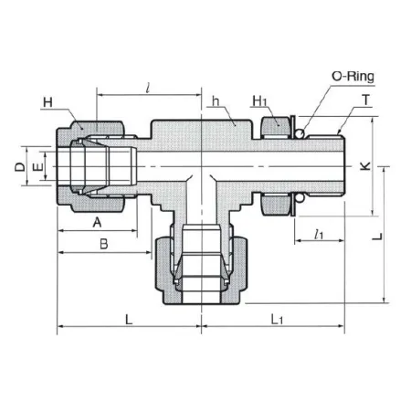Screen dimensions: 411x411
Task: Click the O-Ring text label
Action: pyautogui.click(x=353, y=77)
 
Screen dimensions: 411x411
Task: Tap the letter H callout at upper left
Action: pyautogui.click(x=47, y=102)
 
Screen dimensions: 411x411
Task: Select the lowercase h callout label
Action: pyautogui.click(x=216, y=101)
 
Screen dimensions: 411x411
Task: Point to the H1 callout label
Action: pyautogui.click(x=259, y=101)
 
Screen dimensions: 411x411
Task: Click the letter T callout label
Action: pyautogui.click(x=366, y=100)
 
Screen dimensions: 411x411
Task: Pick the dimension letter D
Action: pyautogui.click(x=20, y=167)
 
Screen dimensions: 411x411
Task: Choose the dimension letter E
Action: pyautogui.click(x=38, y=167)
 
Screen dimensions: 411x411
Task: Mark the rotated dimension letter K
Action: pyautogui.click(x=365, y=166)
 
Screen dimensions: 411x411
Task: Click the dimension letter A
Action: pyautogui.click(x=97, y=222)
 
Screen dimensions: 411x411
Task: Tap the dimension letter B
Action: pyautogui.click(x=104, y=244)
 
